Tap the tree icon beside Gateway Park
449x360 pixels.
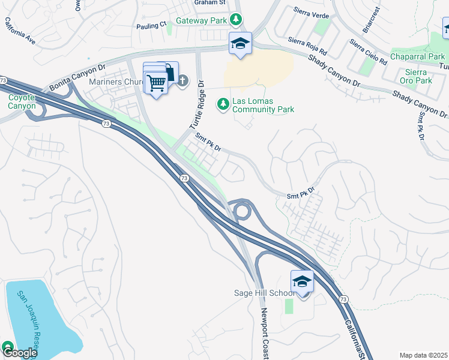237,20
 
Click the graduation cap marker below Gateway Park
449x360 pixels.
240,44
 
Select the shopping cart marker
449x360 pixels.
156,82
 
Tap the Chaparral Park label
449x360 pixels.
417,57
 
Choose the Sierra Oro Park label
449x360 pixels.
415,76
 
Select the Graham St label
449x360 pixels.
208,2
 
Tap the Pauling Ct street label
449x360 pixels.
151,25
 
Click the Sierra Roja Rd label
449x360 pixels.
307,46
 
